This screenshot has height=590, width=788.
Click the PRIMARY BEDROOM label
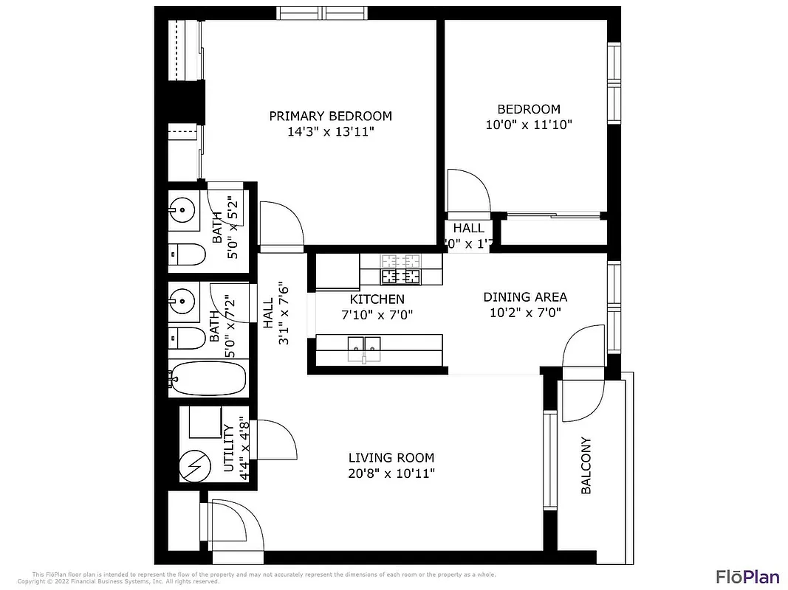[x=330, y=116]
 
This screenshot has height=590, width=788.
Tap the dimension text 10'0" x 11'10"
[x=528, y=125]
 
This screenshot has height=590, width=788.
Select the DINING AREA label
[x=525, y=296]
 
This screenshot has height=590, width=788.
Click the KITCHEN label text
[x=377, y=299]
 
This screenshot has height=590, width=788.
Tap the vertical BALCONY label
[x=586, y=465]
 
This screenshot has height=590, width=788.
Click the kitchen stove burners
[x=400, y=269]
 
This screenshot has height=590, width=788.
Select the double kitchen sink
[x=363, y=347]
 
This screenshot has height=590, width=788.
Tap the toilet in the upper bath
[x=185, y=254]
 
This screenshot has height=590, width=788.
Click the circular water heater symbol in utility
[x=196, y=465]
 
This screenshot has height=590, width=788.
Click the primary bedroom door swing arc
[x=284, y=221]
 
